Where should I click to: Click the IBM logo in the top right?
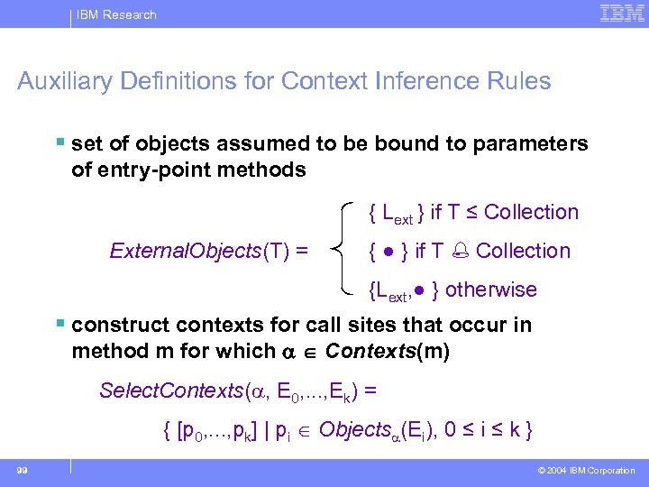(621, 14)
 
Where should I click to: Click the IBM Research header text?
(115, 14)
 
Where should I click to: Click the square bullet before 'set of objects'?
(59, 142)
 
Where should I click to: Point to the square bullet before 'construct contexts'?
(59, 324)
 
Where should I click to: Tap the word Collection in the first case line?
(531, 213)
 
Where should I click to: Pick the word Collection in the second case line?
(523, 251)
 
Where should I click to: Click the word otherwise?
(490, 289)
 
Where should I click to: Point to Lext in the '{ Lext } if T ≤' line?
(397, 215)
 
